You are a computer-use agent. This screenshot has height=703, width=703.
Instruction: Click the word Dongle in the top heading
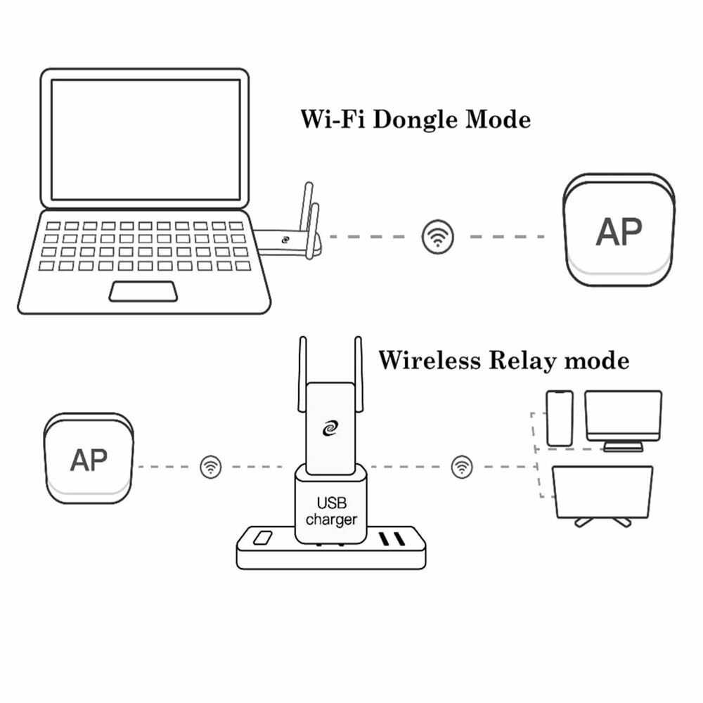[x=414, y=120]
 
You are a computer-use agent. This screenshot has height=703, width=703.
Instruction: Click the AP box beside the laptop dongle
[x=618, y=231]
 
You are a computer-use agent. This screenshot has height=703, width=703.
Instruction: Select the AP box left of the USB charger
[x=89, y=460]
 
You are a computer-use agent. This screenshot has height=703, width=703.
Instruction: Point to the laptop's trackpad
[x=142, y=291]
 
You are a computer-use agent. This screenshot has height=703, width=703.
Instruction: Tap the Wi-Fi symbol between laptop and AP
[x=438, y=236]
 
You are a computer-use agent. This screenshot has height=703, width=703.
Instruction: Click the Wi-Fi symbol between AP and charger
[x=210, y=466]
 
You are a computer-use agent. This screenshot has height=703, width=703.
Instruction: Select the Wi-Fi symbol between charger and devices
[x=462, y=466]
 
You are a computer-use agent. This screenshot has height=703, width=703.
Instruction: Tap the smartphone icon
[x=560, y=418]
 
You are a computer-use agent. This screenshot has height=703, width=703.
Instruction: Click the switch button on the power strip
[x=263, y=539]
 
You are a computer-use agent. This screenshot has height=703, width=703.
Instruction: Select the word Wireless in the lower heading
[x=428, y=361]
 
